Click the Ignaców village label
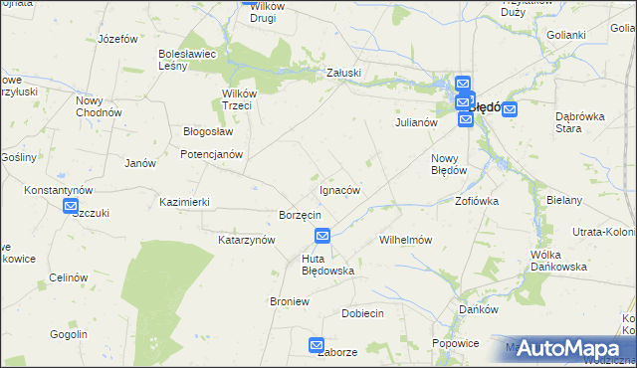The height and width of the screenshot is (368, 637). point(339,190)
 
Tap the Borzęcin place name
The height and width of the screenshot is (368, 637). point(299,215)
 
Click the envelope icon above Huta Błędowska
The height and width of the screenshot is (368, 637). point(322,236)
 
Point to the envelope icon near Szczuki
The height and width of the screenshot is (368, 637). point(71,207)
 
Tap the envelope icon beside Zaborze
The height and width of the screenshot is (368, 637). point(317,345)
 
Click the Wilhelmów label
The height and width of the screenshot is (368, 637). point(405,240)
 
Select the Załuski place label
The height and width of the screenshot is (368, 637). point(343,73)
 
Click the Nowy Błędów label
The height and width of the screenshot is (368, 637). point(449,164)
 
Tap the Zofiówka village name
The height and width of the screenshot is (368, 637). point(477,200)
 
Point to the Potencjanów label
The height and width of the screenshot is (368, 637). point(211,154)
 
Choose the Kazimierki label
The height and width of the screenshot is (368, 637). point(184,202)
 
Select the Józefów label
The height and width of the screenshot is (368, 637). point(116,39)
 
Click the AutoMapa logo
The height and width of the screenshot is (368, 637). point(569,348)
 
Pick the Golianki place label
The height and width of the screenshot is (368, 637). point(565,35)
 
